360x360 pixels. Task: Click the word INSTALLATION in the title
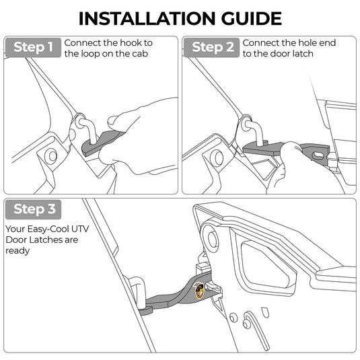point(147,18)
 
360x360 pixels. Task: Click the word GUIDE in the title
point(252,18)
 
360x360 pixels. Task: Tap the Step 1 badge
point(33,48)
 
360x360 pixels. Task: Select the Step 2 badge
point(212,48)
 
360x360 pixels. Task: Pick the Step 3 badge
point(33,209)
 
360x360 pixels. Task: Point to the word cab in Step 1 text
point(140,54)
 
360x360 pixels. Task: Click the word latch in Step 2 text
point(303,54)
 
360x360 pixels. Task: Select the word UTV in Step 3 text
point(80,229)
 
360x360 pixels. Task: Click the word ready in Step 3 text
point(17,251)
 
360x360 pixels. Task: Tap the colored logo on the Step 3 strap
point(199,291)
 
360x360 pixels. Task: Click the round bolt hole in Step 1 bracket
point(51,156)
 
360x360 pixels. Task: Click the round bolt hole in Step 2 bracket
point(217,157)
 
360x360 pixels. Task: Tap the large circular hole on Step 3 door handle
point(211,236)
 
